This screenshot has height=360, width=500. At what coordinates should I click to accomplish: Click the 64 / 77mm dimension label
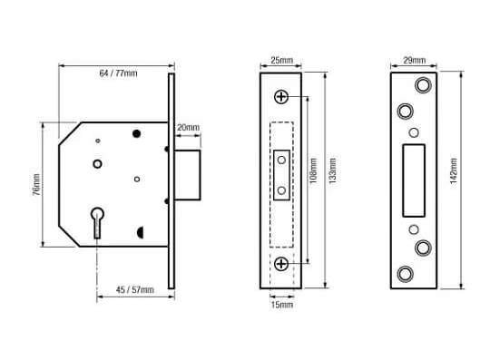pos(118,73)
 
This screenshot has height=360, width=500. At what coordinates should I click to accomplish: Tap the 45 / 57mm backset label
pos(135,290)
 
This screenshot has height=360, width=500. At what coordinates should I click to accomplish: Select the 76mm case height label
pos(36,184)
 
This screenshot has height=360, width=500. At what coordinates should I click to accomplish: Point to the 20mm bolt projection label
pos(188,128)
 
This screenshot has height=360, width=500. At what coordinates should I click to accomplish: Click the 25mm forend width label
pos(281,60)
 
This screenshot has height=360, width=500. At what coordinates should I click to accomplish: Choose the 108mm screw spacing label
pos(313,170)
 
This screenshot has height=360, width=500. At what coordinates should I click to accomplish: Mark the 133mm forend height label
pos(333,170)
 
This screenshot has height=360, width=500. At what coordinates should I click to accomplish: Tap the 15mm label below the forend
pos(282,305)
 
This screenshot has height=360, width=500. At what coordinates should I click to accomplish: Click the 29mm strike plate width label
pos(414,60)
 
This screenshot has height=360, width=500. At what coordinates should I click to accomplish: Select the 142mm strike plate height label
pos(454,170)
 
